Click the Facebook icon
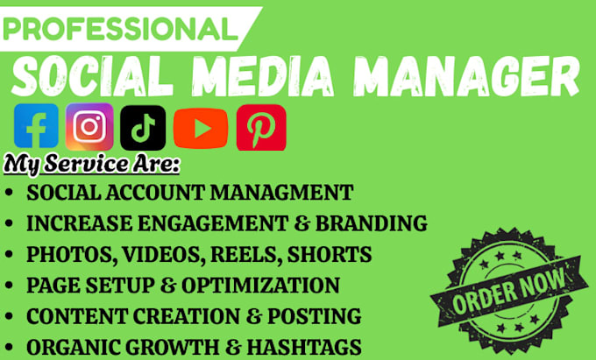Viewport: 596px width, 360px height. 37,127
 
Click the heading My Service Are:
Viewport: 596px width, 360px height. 79,164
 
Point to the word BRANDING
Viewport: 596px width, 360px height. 378,223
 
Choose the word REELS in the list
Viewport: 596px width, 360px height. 237,255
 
